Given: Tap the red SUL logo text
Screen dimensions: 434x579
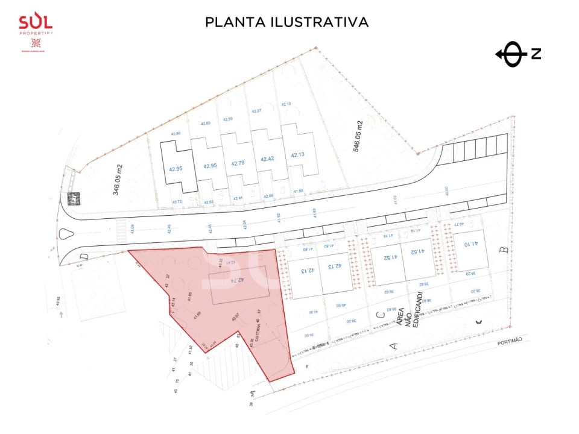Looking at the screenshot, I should click(36, 22).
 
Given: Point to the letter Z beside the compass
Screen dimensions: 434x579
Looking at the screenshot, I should click(536, 54).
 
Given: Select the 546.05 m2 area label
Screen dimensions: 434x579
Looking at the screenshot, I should click(359, 136).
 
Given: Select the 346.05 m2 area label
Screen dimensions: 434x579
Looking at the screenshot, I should click(118, 180).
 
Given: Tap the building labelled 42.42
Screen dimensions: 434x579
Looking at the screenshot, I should click(267, 159).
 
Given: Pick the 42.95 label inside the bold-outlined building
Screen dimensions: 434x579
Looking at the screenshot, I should click(176, 169).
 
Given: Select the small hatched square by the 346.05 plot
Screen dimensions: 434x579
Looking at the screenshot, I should click(74, 198).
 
